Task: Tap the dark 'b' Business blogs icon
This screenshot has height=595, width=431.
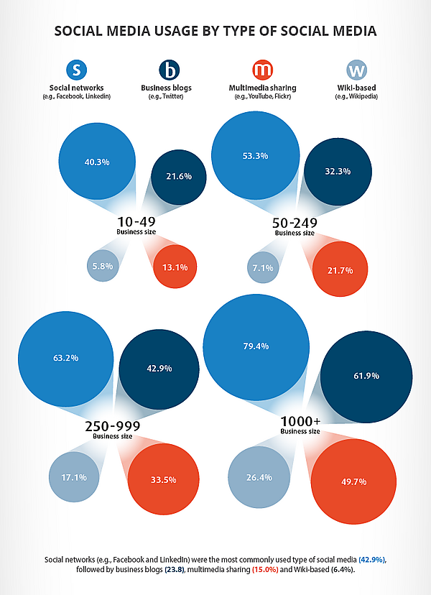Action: pyautogui.click(x=169, y=70)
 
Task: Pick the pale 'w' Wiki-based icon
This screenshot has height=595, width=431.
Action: pyautogui.click(x=356, y=70)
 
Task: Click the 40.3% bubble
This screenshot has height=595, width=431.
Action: pyautogui.click(x=96, y=162)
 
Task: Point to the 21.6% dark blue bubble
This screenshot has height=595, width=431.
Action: pyautogui.click(x=179, y=175)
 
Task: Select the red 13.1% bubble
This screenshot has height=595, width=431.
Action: pyautogui.click(x=175, y=267)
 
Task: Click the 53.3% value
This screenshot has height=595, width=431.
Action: pyautogui.click(x=256, y=155)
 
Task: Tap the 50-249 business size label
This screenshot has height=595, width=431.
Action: pyautogui.click(x=295, y=224)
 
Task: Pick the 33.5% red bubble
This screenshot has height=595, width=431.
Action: pyautogui.click(x=164, y=479)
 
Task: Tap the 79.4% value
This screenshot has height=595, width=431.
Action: pyautogui.click(x=256, y=346)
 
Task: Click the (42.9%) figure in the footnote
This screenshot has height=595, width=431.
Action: pyautogui.click(x=368, y=558)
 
